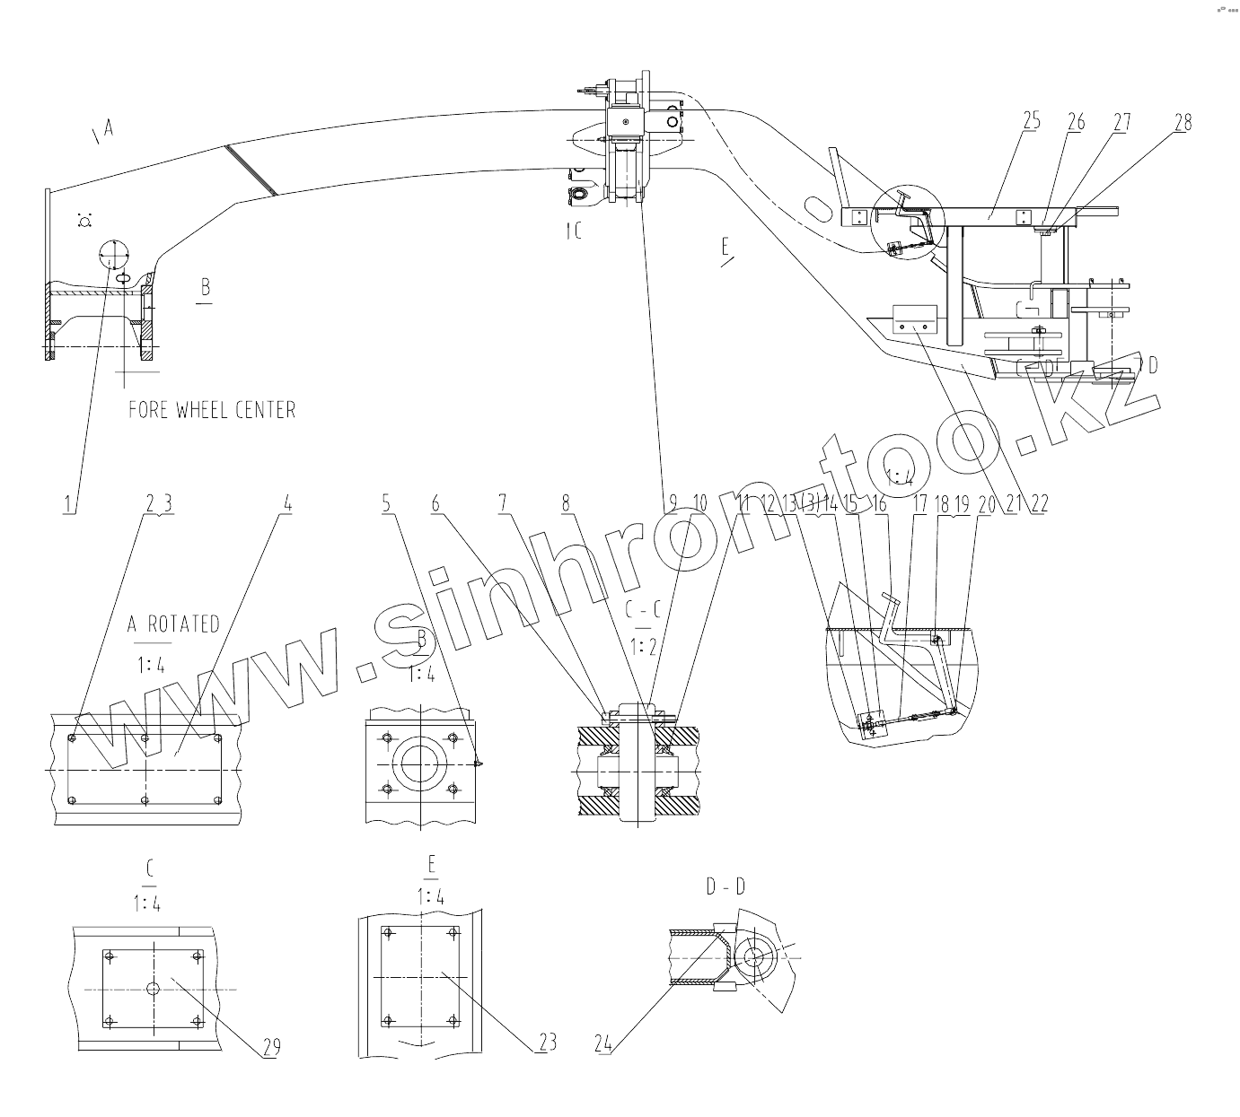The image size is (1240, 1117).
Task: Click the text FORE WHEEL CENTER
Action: (212, 410)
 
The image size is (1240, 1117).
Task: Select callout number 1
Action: (67, 503)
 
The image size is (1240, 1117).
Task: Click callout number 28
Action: (1183, 123)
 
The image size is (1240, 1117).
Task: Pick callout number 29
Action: (271, 1046)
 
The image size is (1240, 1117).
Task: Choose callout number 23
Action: (547, 1042)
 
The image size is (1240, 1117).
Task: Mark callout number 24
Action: (602, 1043)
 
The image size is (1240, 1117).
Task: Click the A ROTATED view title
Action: (173, 624)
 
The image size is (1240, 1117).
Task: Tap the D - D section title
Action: (726, 887)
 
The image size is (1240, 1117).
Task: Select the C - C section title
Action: (643, 611)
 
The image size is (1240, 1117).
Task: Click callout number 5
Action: (386, 503)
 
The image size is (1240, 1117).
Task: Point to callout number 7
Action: (503, 503)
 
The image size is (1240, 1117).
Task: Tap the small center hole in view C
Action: (154, 988)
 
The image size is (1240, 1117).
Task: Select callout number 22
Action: (1039, 503)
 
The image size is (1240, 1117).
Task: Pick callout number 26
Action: (1076, 123)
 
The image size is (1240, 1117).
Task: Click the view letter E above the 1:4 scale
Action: (432, 865)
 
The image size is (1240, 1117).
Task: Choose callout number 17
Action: (919, 503)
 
